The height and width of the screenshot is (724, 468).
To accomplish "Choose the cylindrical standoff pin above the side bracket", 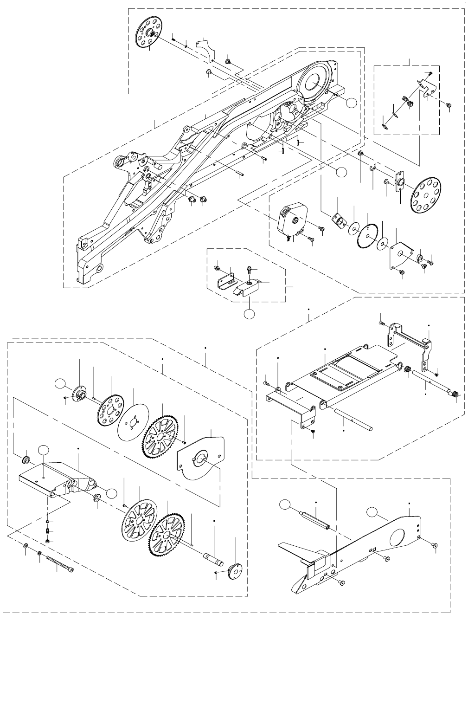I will tap(315, 521).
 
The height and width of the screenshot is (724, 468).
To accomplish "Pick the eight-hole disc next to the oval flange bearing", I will tap(426, 195).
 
